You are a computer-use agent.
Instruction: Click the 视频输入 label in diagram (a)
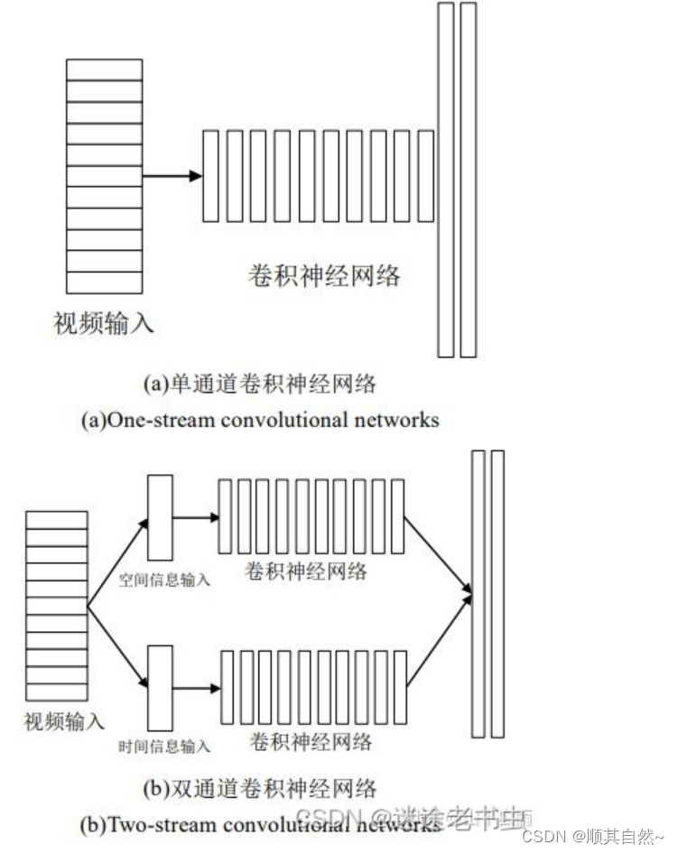(105, 321)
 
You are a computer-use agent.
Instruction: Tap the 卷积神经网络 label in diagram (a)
(324, 276)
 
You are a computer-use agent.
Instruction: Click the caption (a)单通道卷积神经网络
(259, 384)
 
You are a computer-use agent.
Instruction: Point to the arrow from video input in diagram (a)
(172, 175)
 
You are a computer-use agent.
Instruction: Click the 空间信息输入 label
(165, 580)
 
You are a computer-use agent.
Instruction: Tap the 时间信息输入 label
(165, 747)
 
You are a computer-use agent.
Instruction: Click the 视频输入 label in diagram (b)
(64, 721)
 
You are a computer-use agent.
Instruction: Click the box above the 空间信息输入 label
(160, 517)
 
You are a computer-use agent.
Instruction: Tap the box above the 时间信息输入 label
(160, 688)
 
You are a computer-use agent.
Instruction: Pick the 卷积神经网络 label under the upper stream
(306, 571)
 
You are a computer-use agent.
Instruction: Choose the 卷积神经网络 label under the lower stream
(310, 742)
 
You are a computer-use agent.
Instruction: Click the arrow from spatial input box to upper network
(195, 517)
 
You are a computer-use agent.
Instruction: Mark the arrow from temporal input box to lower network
(195, 688)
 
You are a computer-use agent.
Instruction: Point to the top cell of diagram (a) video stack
(105, 70)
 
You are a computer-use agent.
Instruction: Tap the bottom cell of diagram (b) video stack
(57, 692)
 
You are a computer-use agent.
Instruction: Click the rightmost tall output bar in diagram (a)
(468, 180)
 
